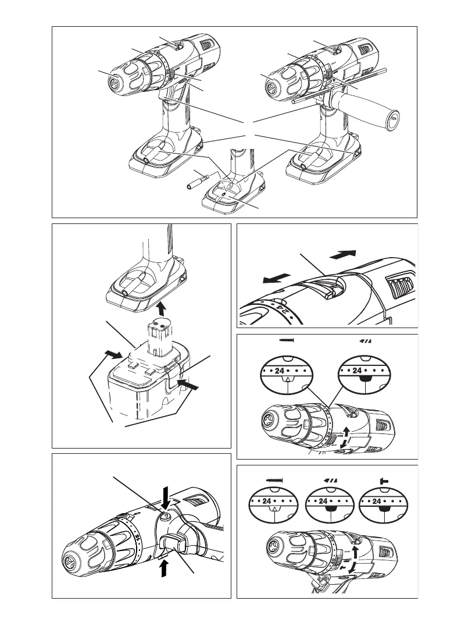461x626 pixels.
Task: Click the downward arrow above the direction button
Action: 167,496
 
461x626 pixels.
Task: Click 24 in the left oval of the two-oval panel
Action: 285,369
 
